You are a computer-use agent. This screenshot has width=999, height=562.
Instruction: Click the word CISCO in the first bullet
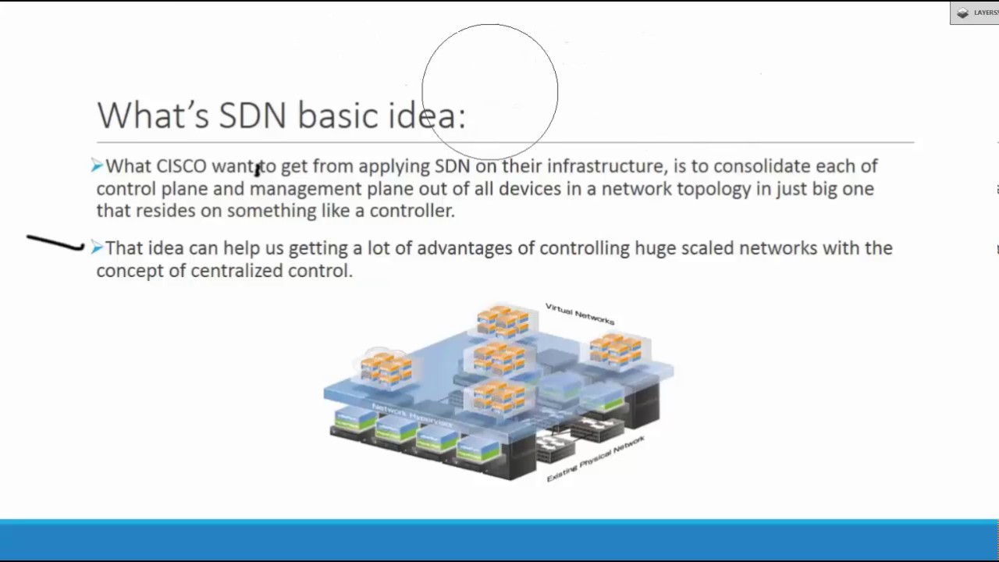point(182,166)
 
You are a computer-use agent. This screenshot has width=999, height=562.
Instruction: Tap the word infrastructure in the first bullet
point(606,166)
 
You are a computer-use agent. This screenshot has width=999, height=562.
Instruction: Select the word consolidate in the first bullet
point(762,166)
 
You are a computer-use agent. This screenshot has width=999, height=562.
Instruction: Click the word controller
point(411,211)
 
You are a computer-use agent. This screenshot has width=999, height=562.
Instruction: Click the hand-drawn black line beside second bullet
point(55,244)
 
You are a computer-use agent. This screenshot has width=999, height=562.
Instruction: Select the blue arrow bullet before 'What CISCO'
point(97,165)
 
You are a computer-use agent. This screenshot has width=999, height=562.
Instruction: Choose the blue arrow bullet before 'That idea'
point(97,247)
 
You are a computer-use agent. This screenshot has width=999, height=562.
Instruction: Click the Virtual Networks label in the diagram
point(580,314)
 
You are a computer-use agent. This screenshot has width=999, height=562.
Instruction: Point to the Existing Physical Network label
point(595,459)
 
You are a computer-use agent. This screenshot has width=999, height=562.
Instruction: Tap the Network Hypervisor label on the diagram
point(412,415)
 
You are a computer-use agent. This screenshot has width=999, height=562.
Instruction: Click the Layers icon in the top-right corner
point(963,12)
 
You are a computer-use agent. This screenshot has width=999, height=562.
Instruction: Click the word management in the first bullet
point(305,189)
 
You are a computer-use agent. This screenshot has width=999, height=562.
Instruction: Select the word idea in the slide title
point(427,116)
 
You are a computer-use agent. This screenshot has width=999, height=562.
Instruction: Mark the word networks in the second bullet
point(778,248)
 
